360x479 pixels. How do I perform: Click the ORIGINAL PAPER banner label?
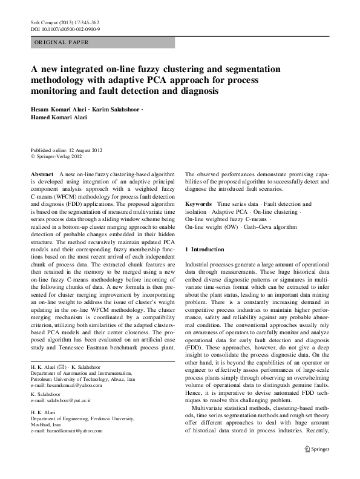pyautogui.click(x=62, y=42)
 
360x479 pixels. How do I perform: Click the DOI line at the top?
pyautogui.click(x=65, y=28)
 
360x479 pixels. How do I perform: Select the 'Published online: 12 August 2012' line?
pyautogui.click(x=70, y=150)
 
